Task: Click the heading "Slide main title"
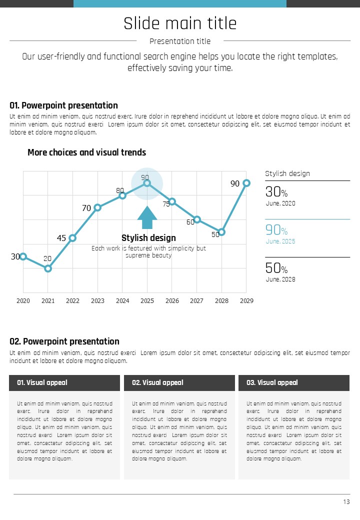click(x=180, y=23)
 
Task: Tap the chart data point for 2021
click(x=48, y=268)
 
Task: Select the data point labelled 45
click(x=72, y=238)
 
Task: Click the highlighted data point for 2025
click(x=147, y=183)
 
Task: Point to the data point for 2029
click(x=246, y=183)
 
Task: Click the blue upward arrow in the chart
click(x=147, y=217)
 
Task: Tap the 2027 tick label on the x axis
click(x=196, y=301)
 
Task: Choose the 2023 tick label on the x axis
click(x=97, y=301)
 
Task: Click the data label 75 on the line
click(x=166, y=204)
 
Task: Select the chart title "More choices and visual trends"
click(x=86, y=152)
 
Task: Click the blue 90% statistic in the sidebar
click(x=276, y=230)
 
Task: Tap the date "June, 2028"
click(x=280, y=279)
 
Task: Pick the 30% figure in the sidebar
click(x=276, y=192)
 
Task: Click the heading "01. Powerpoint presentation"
click(x=63, y=105)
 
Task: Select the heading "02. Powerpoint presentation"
click(x=64, y=341)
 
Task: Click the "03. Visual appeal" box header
click(x=294, y=383)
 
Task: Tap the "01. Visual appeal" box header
click(x=64, y=383)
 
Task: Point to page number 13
click(x=346, y=502)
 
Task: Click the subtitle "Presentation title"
click(x=180, y=41)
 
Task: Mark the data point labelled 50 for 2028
click(x=221, y=232)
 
